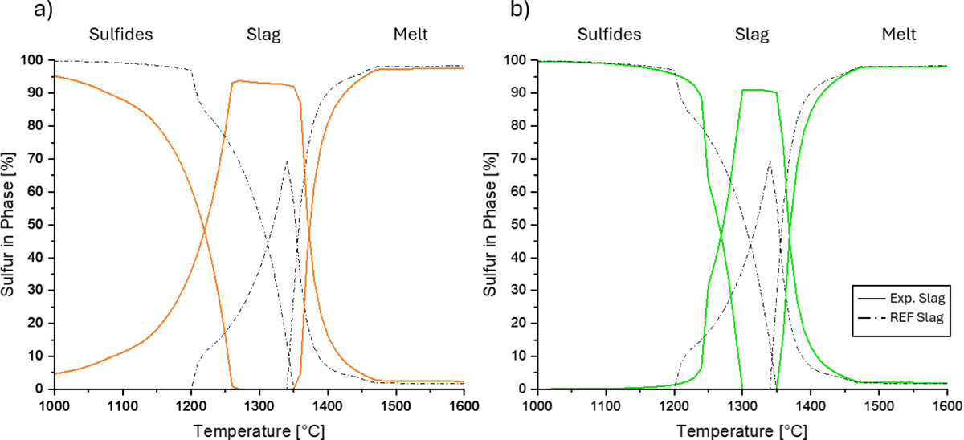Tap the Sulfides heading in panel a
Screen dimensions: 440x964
120,34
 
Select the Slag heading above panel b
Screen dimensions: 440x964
751,34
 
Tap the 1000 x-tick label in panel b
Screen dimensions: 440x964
537,403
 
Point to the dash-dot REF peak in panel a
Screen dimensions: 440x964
286,161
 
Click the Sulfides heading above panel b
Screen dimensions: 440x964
609,34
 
